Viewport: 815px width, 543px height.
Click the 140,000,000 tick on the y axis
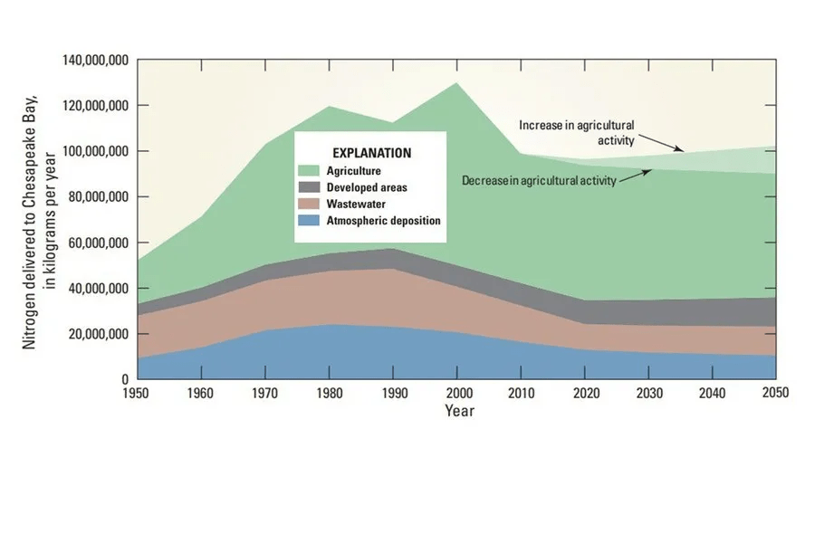tap(96, 61)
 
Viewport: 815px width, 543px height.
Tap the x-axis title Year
tap(459, 411)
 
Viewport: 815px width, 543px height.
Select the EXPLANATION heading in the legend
tap(371, 153)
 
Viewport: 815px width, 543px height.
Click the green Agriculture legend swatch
tap(312, 170)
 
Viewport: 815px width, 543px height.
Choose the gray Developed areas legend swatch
tap(312, 187)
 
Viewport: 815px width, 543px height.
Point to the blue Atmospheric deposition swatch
tap(312, 220)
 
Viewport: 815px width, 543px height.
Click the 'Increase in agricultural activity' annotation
tap(577, 132)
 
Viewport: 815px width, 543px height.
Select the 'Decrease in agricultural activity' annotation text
tap(539, 180)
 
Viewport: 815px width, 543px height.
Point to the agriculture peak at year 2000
tap(455, 83)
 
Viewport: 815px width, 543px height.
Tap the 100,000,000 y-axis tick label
tap(96, 152)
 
